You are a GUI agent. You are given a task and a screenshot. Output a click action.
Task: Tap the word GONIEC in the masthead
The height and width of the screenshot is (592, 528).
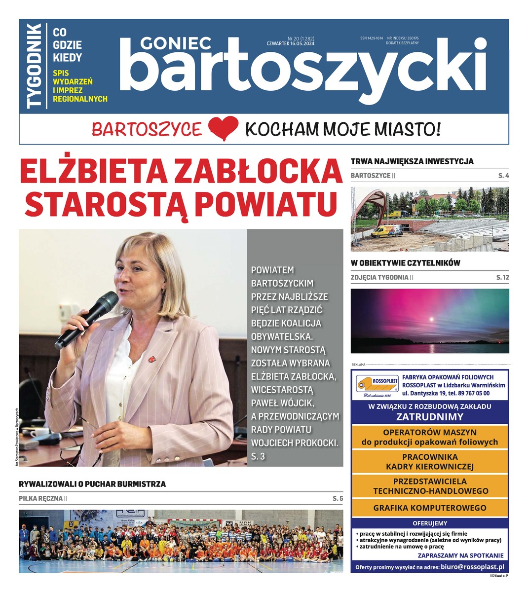(176, 44)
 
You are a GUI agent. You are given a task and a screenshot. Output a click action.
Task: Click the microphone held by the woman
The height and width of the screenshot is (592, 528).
(87, 319)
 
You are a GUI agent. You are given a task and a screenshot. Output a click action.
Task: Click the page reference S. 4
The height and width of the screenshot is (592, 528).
(503, 176)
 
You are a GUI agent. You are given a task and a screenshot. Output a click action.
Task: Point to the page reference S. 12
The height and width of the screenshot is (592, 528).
(502, 278)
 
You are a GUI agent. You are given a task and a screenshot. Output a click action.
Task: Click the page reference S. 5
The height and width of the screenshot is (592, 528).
(338, 499)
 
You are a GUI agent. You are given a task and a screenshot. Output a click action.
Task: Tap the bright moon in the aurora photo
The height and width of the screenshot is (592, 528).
(432, 319)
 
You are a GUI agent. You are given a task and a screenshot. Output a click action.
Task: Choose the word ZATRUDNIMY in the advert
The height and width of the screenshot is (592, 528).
(430, 416)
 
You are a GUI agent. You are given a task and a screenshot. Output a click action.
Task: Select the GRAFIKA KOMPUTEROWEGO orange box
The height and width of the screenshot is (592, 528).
(430, 508)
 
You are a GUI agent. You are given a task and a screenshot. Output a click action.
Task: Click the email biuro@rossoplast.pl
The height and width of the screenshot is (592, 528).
(472, 567)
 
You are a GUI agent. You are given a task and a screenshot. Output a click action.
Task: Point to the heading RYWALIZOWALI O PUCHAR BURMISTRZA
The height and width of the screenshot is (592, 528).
(92, 484)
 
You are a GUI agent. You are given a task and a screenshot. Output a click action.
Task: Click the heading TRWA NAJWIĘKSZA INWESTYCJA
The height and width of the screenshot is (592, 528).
(412, 161)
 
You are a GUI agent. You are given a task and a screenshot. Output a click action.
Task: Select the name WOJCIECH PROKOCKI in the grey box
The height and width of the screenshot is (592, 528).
(295, 443)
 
